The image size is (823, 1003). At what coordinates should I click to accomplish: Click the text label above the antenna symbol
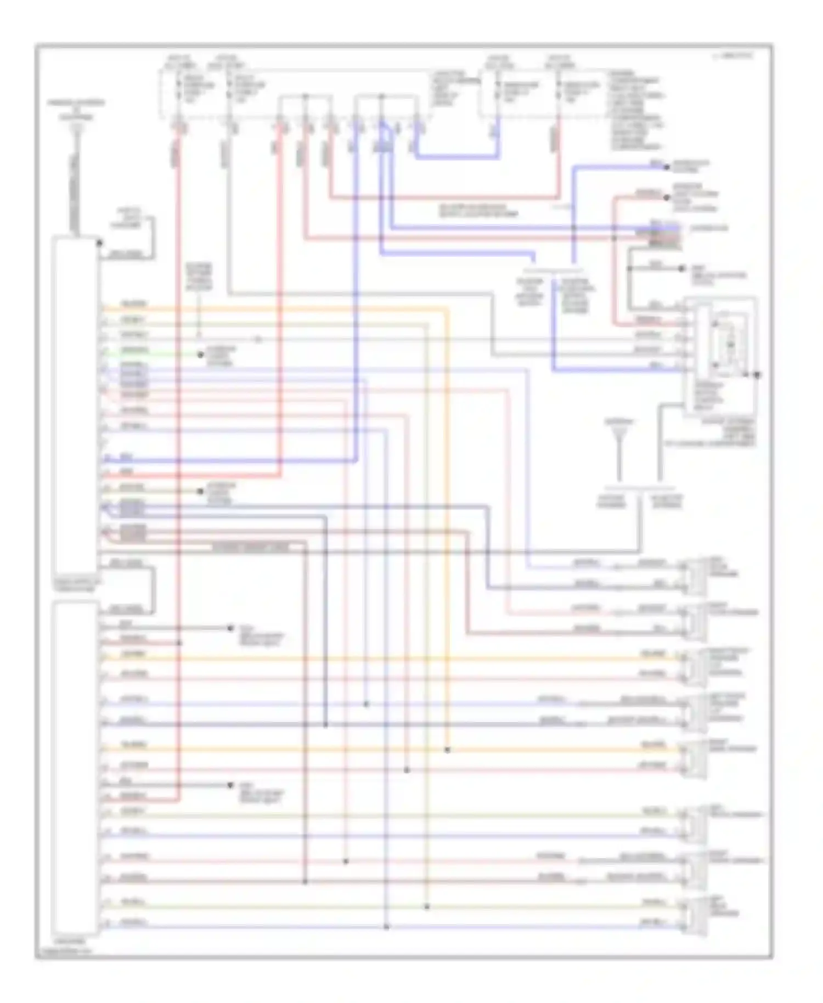619,422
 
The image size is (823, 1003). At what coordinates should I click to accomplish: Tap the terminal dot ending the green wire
201,354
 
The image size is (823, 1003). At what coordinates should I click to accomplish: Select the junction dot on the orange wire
448,750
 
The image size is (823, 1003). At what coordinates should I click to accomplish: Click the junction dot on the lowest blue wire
386,927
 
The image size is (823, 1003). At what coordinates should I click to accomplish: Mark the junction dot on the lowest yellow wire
427,907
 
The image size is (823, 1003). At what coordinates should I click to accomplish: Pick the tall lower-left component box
76,768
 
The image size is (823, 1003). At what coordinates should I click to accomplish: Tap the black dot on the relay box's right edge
757,375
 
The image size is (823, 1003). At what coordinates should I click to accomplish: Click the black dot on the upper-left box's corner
99,243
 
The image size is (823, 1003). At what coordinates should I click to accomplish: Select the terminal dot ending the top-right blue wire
667,167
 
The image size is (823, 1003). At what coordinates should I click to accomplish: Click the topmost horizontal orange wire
274,308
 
